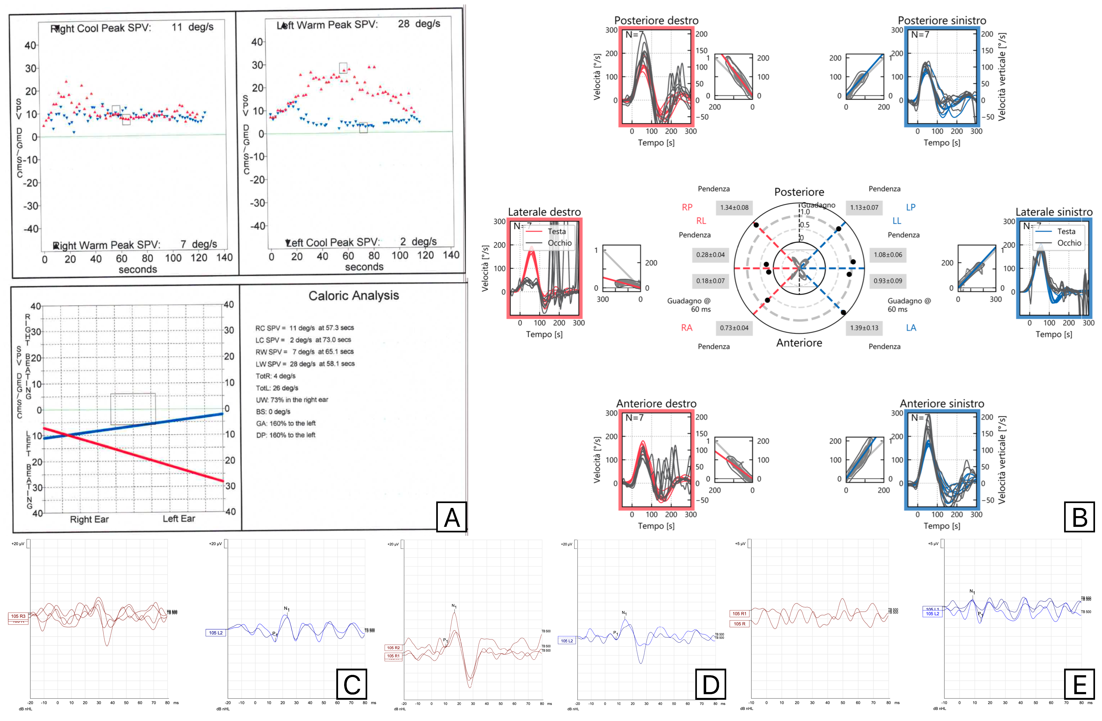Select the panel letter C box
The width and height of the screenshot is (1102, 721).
[x=351, y=684]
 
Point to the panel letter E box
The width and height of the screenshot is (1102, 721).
[x=1079, y=684]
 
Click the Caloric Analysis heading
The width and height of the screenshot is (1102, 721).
[x=354, y=296]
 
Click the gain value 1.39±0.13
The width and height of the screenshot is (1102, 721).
[x=864, y=328]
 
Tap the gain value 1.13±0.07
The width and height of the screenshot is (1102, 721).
[x=864, y=207]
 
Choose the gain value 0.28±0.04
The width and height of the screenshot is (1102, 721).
[x=710, y=255]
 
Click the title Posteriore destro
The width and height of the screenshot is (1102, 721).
[x=656, y=20]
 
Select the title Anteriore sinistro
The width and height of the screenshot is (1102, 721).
[x=942, y=403]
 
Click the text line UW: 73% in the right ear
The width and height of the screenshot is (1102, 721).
[x=292, y=400]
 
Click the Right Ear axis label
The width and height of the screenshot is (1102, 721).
[x=89, y=519]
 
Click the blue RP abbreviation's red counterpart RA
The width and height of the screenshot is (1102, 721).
[x=687, y=328]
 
